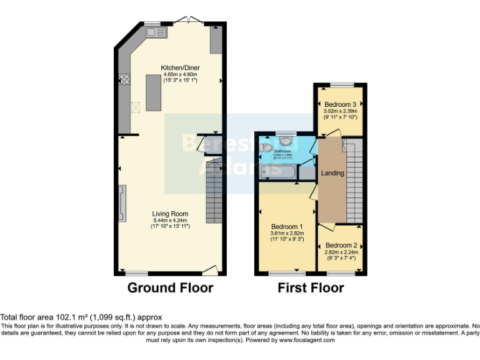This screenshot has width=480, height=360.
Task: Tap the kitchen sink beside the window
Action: click(153, 31)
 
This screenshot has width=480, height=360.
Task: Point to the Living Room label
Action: click(170, 214)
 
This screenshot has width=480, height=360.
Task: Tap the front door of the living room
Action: click(210, 271)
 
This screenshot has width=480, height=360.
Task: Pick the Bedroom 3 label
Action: click(341, 104)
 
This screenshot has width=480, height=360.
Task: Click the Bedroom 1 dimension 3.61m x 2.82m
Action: click(287, 234)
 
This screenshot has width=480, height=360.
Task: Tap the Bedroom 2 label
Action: click(341, 245)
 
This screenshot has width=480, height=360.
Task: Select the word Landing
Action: click(332, 173)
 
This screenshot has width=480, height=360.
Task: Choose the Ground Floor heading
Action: click(170, 288)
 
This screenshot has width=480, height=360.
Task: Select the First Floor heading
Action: click(311, 288)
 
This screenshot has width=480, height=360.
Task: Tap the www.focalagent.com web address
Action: click(307, 340)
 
